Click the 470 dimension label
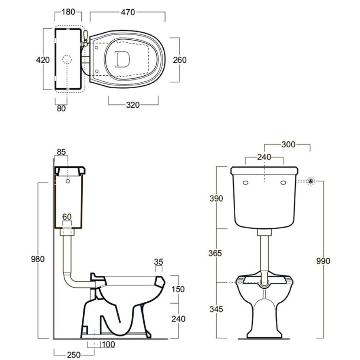pos(128,12)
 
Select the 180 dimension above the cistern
pos(68,12)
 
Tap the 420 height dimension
pos(43,60)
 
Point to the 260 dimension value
pos(180,60)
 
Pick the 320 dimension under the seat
pos(133,105)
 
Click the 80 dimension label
pos(61,108)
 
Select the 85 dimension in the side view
pos(61,152)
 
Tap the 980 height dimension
pos(37,259)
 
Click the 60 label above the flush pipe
pos(67,217)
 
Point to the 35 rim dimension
pos(158,262)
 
